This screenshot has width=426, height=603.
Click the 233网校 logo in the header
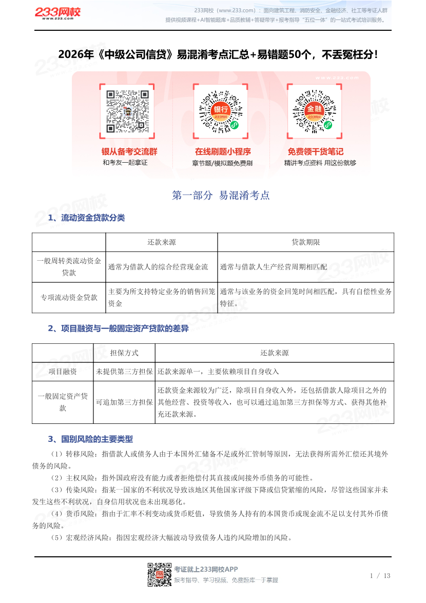(x=57, y=14)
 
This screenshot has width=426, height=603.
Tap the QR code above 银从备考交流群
(x=127, y=111)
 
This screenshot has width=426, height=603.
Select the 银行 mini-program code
(x=221, y=112)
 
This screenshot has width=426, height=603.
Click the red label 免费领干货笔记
(x=315, y=152)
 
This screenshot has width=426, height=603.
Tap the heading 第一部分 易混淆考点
(x=221, y=196)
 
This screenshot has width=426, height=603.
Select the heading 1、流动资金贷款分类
(x=86, y=218)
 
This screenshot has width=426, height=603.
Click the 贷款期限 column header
(x=305, y=242)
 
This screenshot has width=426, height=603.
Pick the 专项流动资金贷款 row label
(x=69, y=297)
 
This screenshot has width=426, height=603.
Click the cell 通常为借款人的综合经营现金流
(x=158, y=267)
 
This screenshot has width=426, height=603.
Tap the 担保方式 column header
(x=124, y=353)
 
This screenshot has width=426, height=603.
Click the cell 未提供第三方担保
(x=124, y=372)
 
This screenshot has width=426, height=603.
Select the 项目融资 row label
(x=63, y=372)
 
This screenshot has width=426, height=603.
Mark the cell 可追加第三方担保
(x=124, y=402)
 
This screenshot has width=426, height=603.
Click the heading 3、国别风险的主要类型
(x=90, y=439)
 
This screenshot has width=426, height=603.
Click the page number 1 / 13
(x=380, y=576)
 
